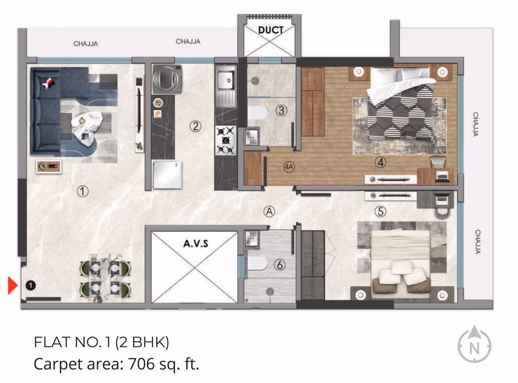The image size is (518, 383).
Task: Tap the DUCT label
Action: click(x=271, y=30)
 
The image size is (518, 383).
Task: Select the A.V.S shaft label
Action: click(x=195, y=244)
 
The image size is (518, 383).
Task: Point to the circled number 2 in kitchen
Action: click(x=195, y=126)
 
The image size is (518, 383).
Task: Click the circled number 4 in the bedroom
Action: click(x=380, y=163)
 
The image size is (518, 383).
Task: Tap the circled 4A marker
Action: click(x=288, y=168)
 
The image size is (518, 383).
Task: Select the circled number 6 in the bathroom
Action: click(x=280, y=265)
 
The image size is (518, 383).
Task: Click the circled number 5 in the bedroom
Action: click(x=380, y=212)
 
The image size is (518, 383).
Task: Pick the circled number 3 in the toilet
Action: click(x=280, y=109)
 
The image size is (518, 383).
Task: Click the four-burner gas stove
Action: click(x=226, y=140)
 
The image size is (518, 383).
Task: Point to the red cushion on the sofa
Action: click(x=49, y=83)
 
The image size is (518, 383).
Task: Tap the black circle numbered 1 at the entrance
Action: click(x=30, y=284)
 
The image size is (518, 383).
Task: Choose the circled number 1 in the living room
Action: click(x=83, y=191)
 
